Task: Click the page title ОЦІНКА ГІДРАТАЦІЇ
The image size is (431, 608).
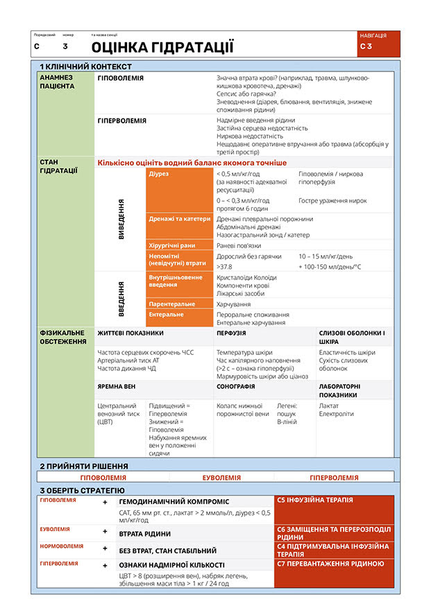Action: (162, 47)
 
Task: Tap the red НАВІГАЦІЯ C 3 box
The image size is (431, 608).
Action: (379, 43)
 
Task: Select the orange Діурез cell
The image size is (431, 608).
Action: (179, 190)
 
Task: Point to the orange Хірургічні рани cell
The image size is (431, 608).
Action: (179, 245)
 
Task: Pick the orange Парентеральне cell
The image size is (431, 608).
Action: (179, 304)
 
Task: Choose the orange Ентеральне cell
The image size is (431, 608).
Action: (179, 317)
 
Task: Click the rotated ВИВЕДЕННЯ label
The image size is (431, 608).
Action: (121, 219)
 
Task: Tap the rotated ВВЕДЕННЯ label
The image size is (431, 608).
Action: (121, 299)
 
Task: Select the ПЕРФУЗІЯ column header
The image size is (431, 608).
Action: (231, 333)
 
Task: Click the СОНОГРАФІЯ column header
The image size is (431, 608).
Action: (236, 385)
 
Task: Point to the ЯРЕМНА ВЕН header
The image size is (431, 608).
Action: (116, 385)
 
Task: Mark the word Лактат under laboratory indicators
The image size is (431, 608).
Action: (328, 405)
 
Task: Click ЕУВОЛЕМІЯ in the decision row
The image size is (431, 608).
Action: (221, 477)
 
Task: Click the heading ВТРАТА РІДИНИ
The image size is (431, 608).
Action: (145, 534)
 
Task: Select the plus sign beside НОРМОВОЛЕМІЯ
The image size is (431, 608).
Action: (105, 548)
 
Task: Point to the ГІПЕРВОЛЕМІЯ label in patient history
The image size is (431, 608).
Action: (122, 120)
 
